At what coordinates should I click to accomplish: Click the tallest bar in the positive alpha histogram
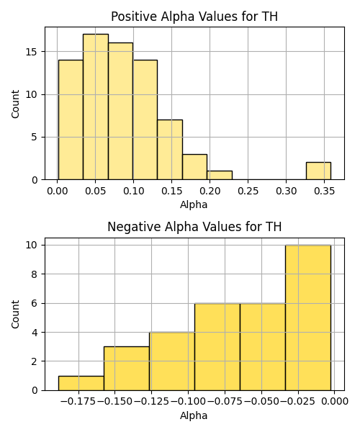[96, 107]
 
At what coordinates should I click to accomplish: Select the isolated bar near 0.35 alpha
[318, 171]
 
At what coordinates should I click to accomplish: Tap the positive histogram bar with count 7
[170, 150]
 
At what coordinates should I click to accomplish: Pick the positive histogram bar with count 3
[194, 167]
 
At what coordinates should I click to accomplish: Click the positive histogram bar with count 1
[220, 175]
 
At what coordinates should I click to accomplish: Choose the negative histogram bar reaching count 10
[308, 318]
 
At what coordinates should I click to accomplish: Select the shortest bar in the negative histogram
[81, 383]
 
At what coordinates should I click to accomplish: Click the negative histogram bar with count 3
[127, 369]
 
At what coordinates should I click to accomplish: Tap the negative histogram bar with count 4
[172, 361]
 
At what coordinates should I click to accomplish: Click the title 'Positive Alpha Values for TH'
[194, 17]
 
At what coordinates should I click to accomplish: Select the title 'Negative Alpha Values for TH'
[194, 227]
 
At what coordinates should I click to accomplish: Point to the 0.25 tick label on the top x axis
[248, 191]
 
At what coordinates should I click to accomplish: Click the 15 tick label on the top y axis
[32, 52]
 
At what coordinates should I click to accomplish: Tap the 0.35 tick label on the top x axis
[324, 191]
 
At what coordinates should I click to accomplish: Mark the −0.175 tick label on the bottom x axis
[78, 402]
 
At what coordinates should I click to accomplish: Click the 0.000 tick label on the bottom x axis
[334, 402]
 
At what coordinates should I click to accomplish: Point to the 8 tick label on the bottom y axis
[35, 274]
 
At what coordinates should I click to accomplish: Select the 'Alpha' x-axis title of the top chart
[194, 204]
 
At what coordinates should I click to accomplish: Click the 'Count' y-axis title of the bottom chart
[15, 314]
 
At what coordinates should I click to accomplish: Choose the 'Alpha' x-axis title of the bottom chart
[194, 415]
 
